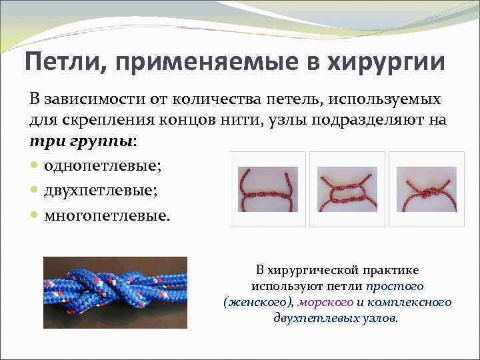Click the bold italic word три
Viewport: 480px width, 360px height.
44,141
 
